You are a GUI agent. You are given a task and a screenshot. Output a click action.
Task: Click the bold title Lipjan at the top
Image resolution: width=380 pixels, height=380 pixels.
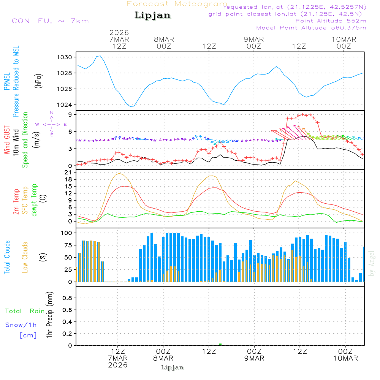[152, 16]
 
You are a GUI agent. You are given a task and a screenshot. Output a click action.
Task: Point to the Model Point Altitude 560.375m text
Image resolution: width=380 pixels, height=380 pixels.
[311, 28]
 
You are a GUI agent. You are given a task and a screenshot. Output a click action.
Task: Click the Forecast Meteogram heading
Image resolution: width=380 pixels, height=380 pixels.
[177, 4]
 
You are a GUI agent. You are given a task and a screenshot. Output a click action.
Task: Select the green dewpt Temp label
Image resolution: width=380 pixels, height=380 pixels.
[34, 200]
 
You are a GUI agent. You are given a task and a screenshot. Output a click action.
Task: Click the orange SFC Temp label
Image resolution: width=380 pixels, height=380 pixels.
[25, 200]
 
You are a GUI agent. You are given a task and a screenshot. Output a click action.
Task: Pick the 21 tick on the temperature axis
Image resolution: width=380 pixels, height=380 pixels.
[70, 172]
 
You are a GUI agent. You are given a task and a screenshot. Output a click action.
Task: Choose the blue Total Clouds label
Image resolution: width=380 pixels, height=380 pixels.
[7, 257]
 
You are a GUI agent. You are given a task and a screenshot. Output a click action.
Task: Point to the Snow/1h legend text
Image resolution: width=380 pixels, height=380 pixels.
[21, 325]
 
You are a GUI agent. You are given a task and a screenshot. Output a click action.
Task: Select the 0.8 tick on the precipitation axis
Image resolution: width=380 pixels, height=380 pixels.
[67, 298]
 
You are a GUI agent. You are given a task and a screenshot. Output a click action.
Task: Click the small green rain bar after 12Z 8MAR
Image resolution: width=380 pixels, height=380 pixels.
[220, 344]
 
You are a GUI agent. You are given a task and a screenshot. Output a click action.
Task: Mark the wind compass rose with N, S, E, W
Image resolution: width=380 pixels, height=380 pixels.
[52, 124]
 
